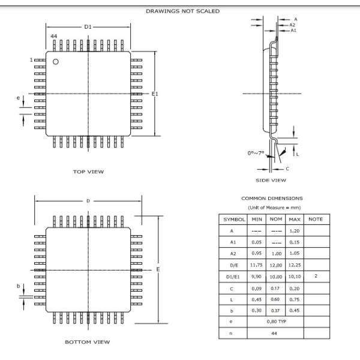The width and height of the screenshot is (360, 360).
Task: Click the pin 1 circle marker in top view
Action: pyautogui.click(x=56, y=62)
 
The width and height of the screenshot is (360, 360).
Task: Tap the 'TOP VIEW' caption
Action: pyautogui.click(x=88, y=172)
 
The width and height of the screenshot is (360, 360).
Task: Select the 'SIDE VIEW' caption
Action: pyautogui.click(x=271, y=180)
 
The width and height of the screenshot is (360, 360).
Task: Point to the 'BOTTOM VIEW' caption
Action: pyautogui.click(x=88, y=342)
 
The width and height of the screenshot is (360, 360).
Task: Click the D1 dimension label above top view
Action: pyautogui.click(x=88, y=26)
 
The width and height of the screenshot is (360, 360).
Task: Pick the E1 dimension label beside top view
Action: pyautogui.click(x=155, y=94)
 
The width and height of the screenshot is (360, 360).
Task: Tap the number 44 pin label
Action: pyautogui.click(x=54, y=37)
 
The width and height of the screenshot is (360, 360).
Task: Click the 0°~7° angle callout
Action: pyautogui.click(x=256, y=153)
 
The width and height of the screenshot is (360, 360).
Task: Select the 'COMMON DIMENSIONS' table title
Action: pyautogui.click(x=272, y=198)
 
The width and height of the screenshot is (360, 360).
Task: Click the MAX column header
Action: pyautogui.click(x=294, y=219)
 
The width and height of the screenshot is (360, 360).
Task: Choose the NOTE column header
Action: pyautogui.click(x=316, y=219)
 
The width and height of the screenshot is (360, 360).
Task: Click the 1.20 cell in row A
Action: pyautogui.click(x=294, y=230)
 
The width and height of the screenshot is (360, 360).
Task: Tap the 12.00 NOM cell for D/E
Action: pyautogui.click(x=275, y=264)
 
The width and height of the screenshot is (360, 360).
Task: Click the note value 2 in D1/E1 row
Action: pyautogui.click(x=316, y=275)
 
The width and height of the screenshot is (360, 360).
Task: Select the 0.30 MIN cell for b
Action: pyautogui.click(x=257, y=310)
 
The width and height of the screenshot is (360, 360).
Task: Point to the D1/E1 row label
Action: pyautogui.click(x=231, y=275)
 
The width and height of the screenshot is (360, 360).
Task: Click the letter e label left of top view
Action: pyautogui.click(x=19, y=97)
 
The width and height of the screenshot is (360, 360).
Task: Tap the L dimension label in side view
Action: pyautogui.click(x=298, y=154)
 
